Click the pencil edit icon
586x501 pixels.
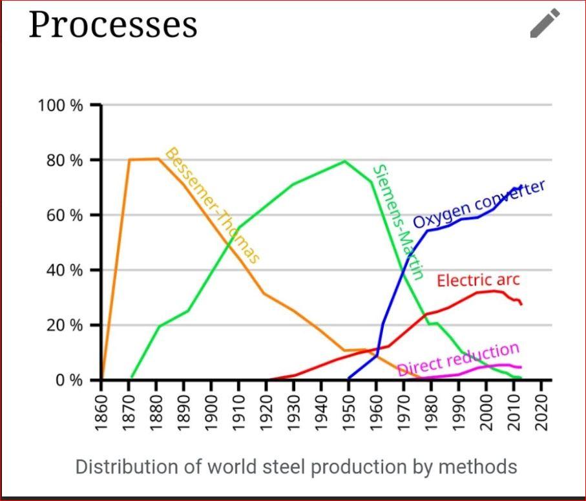click(545, 23)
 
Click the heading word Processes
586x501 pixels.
click(112, 25)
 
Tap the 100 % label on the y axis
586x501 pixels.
click(61, 105)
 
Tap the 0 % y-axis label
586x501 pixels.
click(67, 380)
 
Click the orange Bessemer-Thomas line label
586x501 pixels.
click(212, 205)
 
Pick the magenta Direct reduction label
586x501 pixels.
click(458, 359)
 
